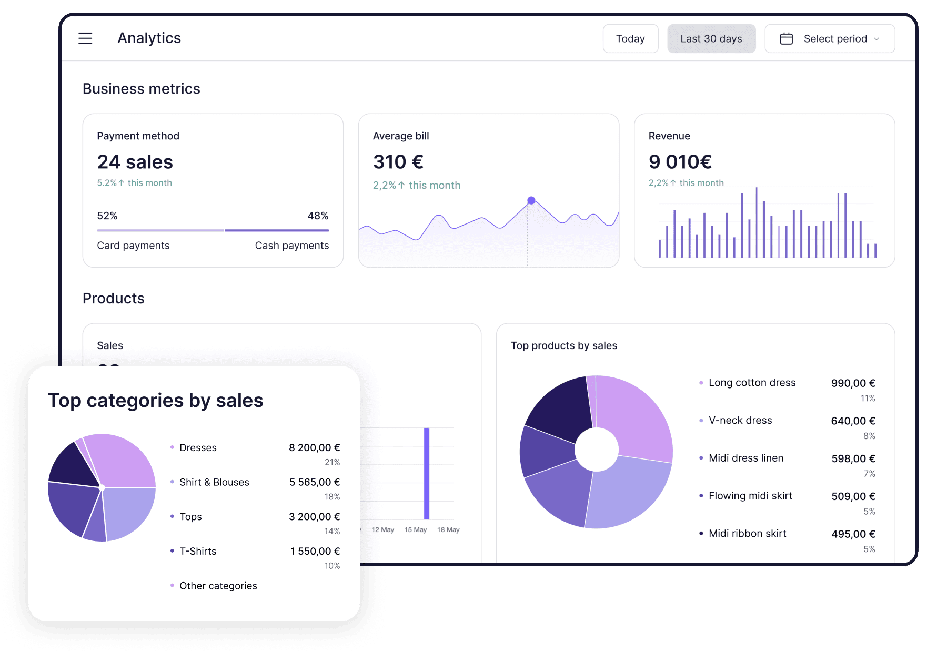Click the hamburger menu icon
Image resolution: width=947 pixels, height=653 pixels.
(x=85, y=38)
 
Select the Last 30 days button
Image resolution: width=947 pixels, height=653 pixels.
(x=711, y=39)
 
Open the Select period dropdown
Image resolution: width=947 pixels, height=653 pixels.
(x=835, y=39)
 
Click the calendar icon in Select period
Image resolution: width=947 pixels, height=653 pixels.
(x=786, y=39)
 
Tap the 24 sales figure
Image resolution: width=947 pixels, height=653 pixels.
(x=135, y=162)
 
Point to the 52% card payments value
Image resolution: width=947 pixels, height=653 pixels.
(x=107, y=216)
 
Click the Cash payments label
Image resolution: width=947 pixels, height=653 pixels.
(x=291, y=246)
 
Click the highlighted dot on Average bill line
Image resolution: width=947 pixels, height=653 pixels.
(x=531, y=200)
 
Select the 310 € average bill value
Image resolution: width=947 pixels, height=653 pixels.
(x=398, y=162)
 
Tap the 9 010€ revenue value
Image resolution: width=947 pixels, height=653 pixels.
(x=680, y=162)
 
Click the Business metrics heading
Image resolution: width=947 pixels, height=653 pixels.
(x=141, y=89)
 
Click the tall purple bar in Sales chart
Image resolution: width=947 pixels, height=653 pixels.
(x=427, y=473)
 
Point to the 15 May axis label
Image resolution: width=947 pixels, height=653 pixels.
(x=415, y=530)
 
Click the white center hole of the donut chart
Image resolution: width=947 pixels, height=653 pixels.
(x=596, y=450)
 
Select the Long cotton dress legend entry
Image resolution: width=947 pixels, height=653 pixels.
(x=752, y=383)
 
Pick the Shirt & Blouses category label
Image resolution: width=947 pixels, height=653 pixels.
(x=214, y=482)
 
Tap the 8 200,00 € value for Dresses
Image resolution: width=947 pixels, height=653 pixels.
(x=314, y=448)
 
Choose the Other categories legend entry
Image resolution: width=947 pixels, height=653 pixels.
(x=218, y=586)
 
